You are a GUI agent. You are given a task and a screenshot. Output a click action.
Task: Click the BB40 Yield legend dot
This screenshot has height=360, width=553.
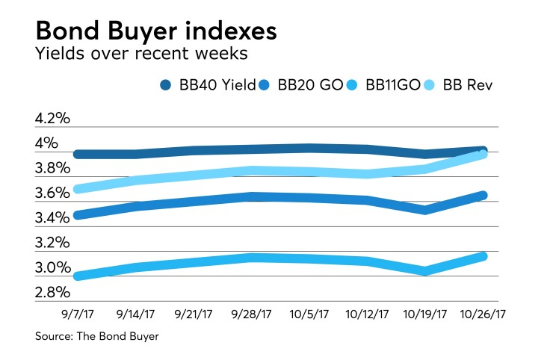165,85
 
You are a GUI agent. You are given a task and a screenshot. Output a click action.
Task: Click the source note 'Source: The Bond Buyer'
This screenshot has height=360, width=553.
97,338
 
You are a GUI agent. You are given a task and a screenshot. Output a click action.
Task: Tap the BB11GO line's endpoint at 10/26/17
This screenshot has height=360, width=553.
483,256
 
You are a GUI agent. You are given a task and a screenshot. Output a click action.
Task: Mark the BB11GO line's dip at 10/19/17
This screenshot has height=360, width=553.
425,271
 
